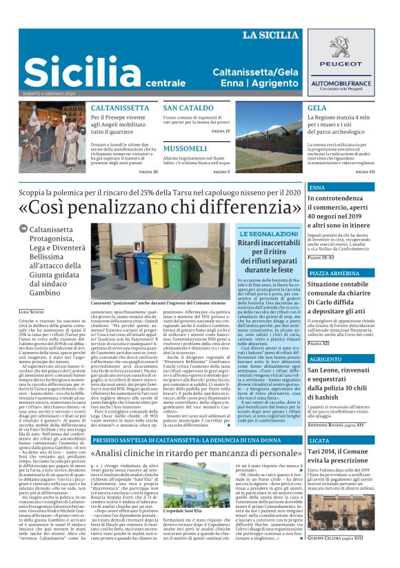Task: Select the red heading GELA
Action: coord(317,108)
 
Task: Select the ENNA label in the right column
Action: coord(318,187)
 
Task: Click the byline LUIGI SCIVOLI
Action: coord(31,313)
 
